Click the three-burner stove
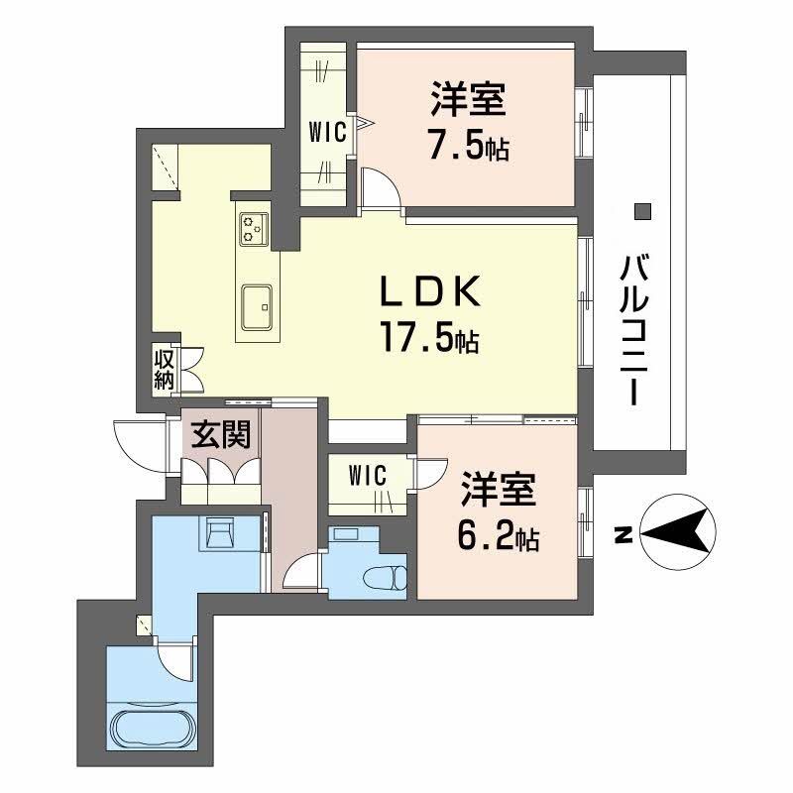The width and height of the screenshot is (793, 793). click(x=254, y=229)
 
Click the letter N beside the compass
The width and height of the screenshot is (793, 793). click(x=622, y=536)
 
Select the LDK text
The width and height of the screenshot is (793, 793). click(x=431, y=292)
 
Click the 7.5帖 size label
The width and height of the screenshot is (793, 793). click(x=468, y=146)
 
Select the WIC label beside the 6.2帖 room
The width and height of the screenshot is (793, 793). click(x=365, y=475)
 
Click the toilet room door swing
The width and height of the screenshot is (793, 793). click(x=302, y=572)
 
